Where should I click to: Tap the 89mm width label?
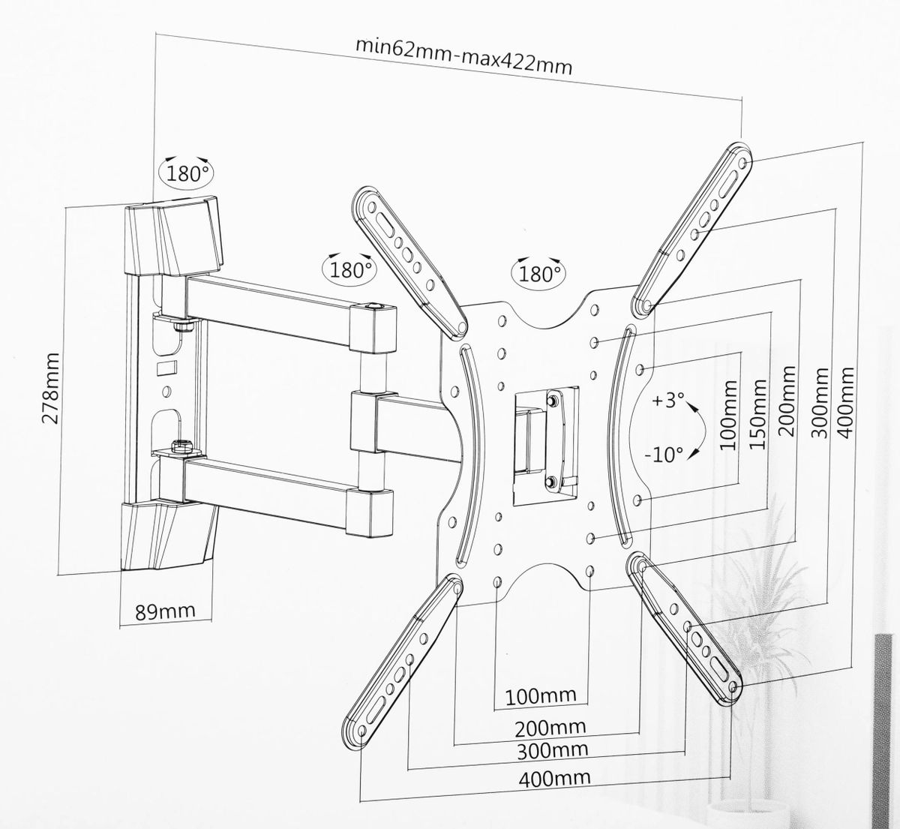(x=164, y=611)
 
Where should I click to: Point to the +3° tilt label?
(x=664, y=401)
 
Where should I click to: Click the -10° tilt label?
(x=664, y=454)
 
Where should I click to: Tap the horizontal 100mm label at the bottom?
(x=541, y=696)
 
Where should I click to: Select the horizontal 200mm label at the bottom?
(x=550, y=727)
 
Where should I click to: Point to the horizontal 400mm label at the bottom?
(x=553, y=778)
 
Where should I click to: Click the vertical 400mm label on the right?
(x=846, y=403)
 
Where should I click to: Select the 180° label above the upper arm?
(x=346, y=269)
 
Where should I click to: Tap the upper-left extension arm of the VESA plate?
(x=409, y=262)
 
